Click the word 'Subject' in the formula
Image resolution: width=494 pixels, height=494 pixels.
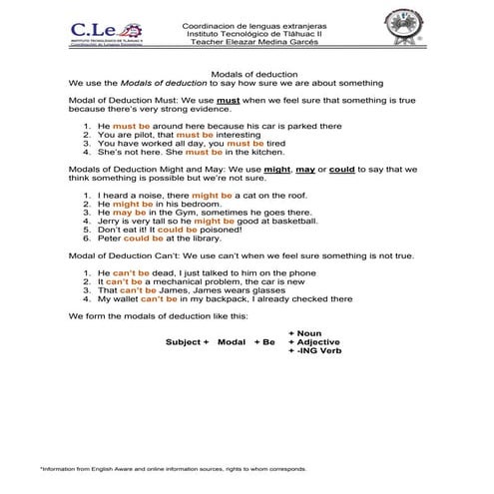184,341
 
